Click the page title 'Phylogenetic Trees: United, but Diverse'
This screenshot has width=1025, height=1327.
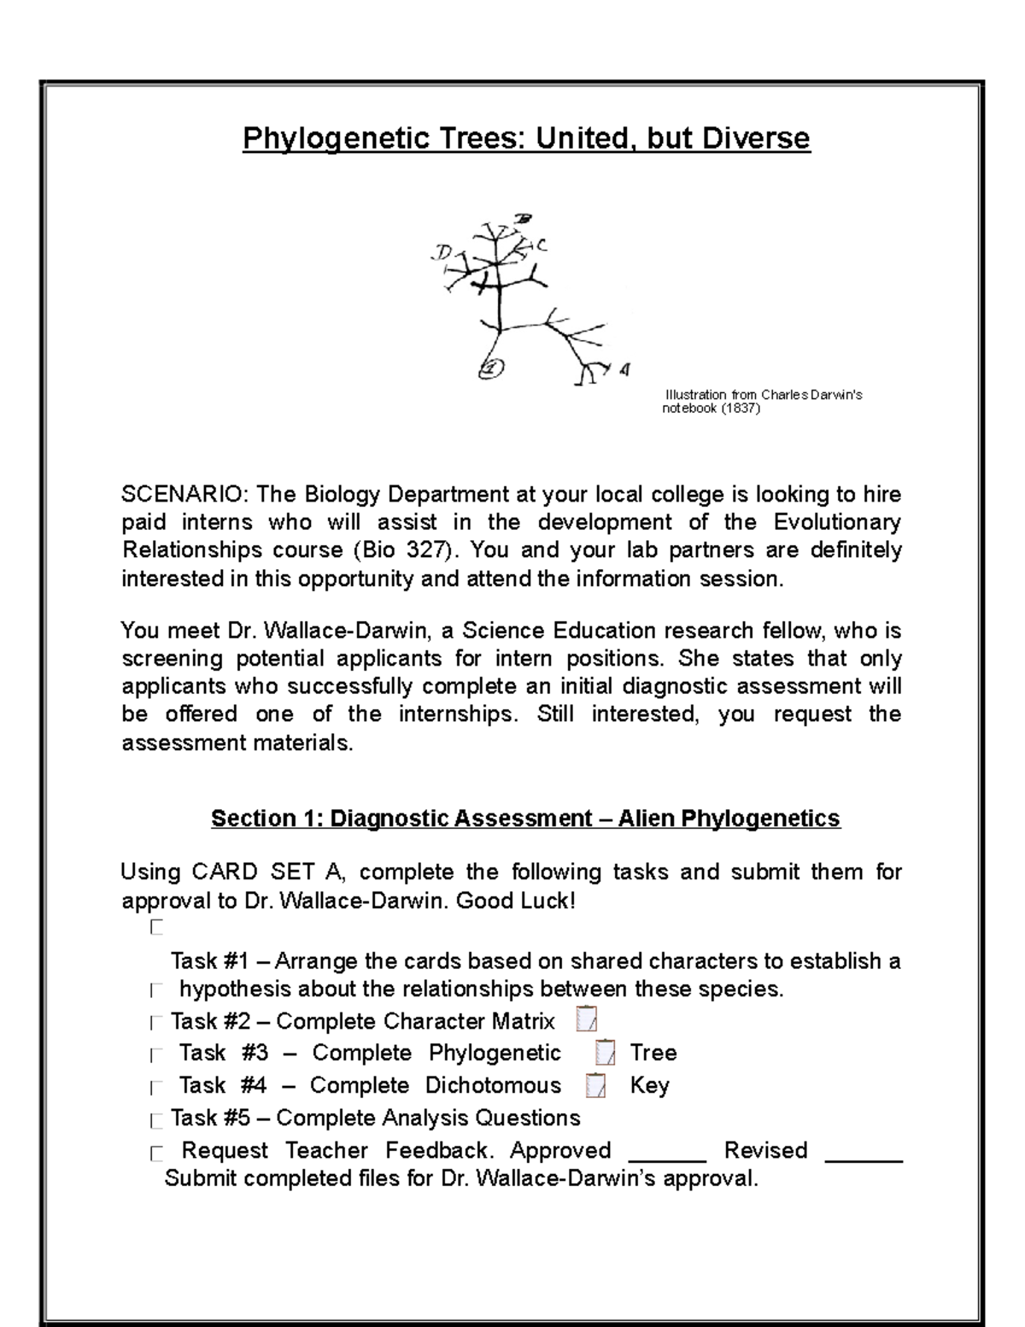click(526, 138)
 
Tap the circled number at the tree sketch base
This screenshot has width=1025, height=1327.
click(491, 368)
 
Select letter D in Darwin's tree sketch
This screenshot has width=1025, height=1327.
click(442, 253)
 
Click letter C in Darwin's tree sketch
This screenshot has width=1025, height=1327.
click(542, 245)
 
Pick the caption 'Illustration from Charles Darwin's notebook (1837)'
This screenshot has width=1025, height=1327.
click(763, 402)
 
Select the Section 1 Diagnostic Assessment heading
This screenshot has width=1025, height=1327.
click(525, 819)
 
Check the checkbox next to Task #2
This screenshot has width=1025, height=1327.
click(155, 1023)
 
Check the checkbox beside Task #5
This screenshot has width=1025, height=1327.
click(155, 1119)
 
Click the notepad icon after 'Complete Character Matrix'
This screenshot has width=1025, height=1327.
click(587, 1020)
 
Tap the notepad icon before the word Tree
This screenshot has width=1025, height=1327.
click(605, 1053)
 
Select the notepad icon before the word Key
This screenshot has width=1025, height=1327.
click(596, 1085)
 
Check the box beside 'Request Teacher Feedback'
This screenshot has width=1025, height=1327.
click(155, 1154)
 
